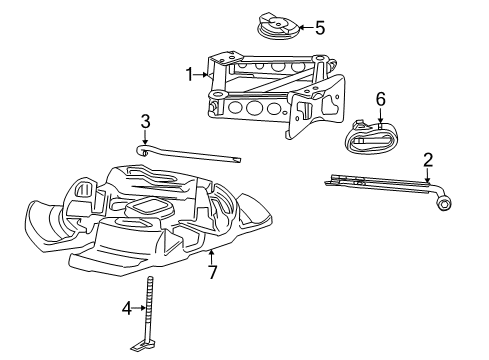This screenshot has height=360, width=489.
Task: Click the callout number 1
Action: pos(188,73)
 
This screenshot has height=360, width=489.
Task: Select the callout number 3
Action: pos(145,121)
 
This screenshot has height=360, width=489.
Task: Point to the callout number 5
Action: pos(319,28)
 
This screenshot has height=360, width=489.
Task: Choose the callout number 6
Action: pos(380,99)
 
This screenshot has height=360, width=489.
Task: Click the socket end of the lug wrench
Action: pos(442,203)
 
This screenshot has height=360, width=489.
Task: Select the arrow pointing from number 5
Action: pos(303,28)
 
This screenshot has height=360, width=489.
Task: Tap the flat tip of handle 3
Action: pos(238,161)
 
